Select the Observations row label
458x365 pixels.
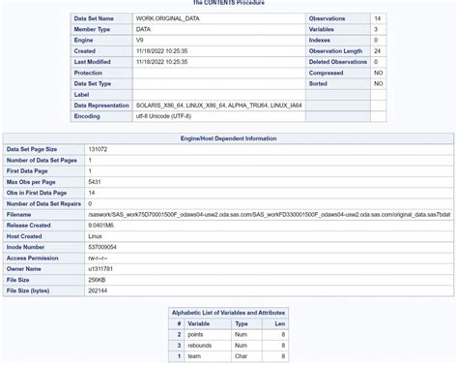329,18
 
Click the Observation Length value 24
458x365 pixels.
377,50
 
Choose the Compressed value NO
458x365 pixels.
378,72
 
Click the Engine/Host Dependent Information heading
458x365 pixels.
227,139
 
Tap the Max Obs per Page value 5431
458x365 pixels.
95,182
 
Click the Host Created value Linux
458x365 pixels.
95,235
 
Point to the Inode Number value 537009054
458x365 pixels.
102,246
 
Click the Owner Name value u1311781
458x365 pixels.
100,267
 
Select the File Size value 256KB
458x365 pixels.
97,278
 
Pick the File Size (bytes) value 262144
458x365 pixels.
98,289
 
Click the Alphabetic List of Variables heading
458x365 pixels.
229,312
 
